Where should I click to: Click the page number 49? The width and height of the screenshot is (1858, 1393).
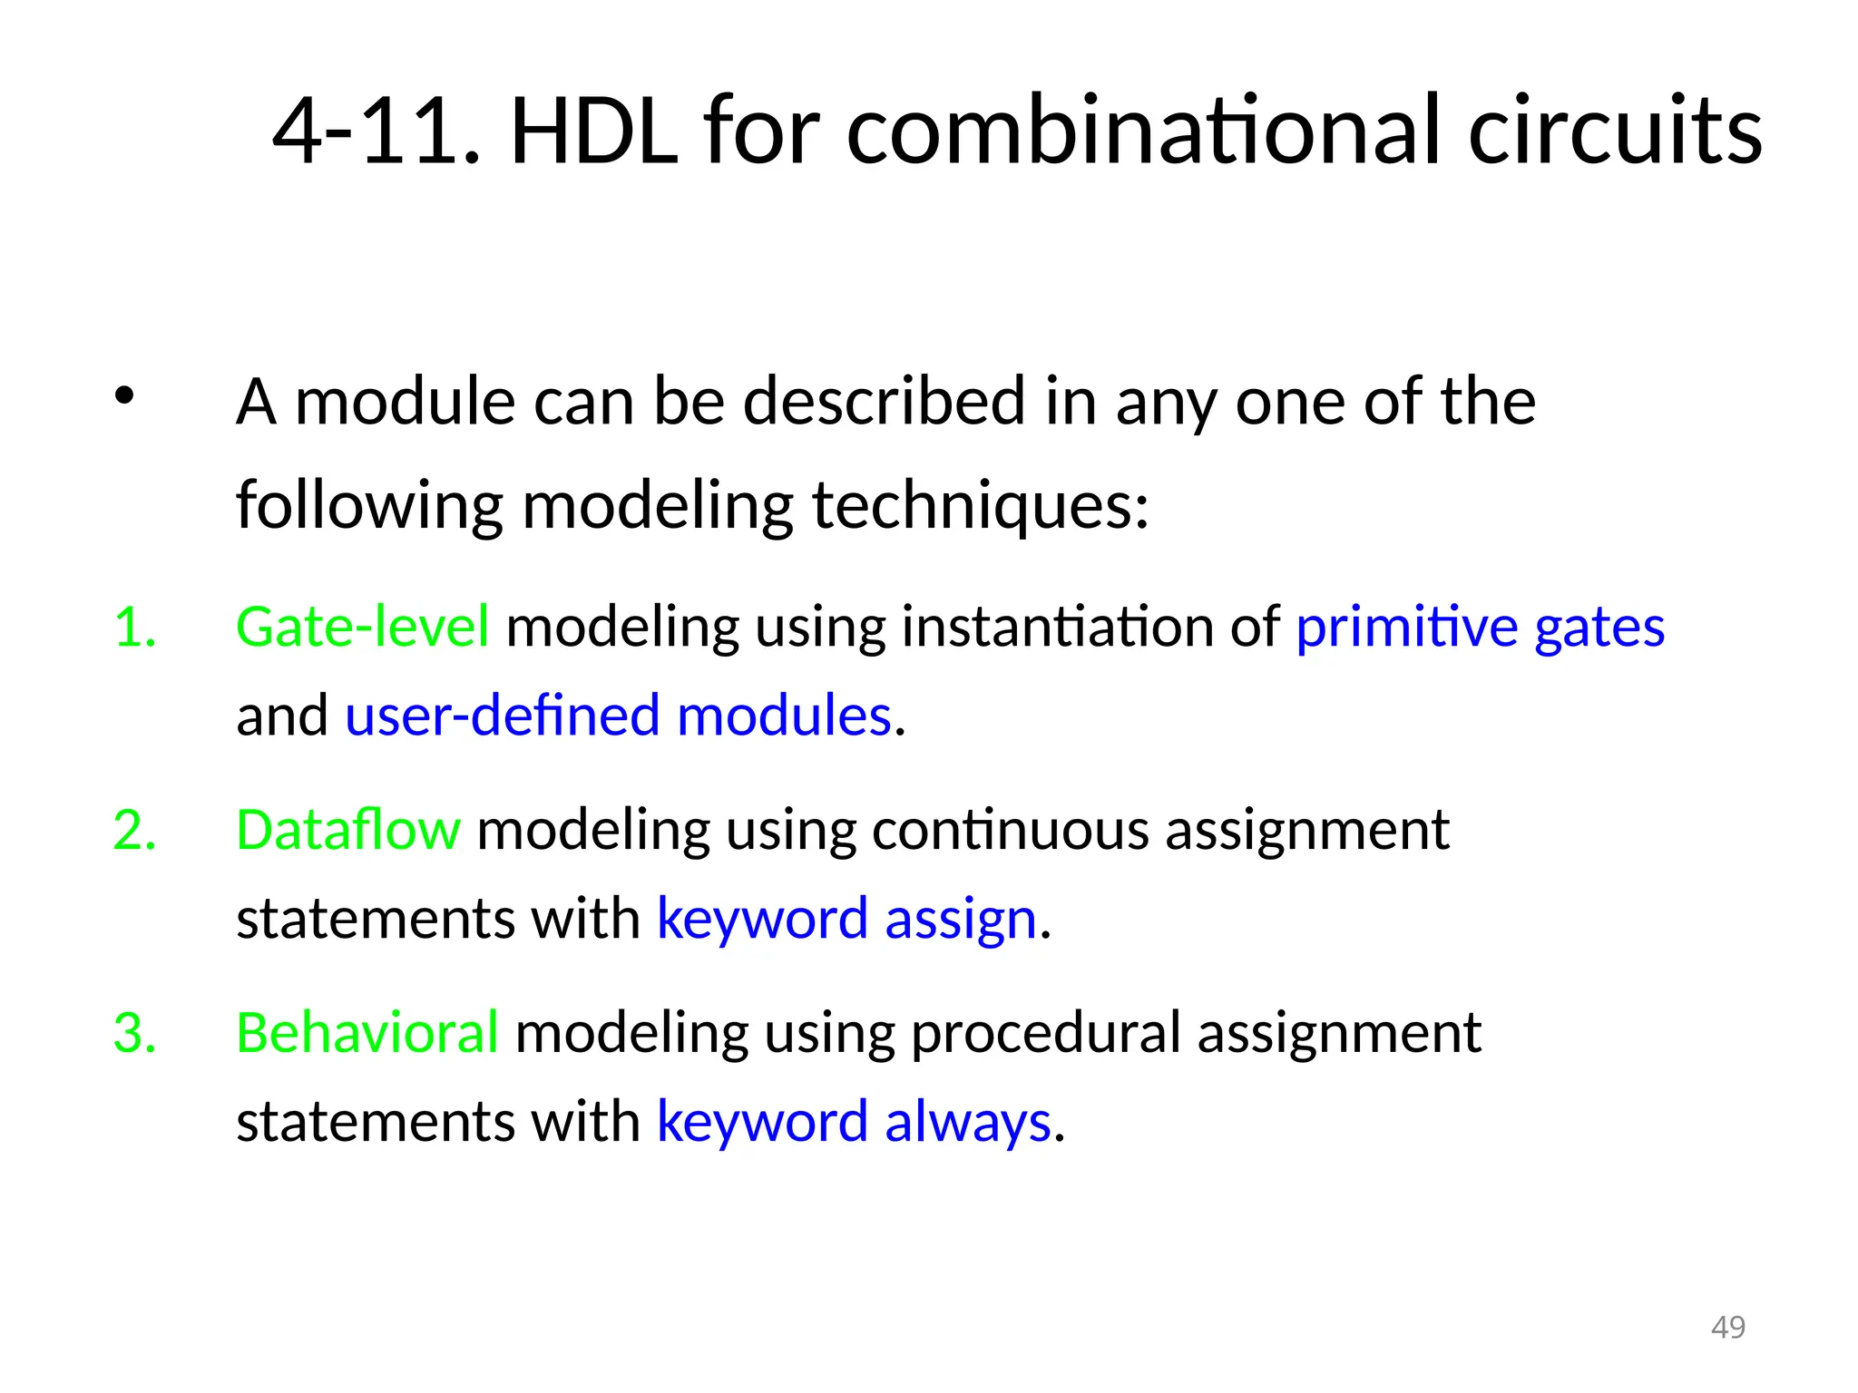pyautogui.click(x=1727, y=1327)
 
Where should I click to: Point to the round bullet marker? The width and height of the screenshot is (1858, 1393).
pyautogui.click(x=124, y=395)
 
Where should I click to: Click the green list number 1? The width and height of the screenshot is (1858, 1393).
pyautogui.click(x=134, y=627)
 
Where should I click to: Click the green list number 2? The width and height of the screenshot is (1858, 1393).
pyautogui.click(x=134, y=830)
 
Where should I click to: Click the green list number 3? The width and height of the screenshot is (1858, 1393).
pyautogui.click(x=134, y=1033)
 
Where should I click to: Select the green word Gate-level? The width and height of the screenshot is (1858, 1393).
pyautogui.click(x=362, y=627)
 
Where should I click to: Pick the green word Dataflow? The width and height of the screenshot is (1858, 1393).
pyautogui.click(x=348, y=830)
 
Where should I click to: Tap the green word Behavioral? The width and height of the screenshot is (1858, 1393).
pyautogui.click(x=367, y=1033)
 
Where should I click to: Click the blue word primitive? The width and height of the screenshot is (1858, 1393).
pyautogui.click(x=1406, y=627)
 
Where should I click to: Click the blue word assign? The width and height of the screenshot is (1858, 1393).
pyautogui.click(x=960, y=919)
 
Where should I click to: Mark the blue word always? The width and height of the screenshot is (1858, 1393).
pyautogui.click(x=967, y=1122)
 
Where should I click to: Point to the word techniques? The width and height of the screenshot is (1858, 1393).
pyautogui.click(x=980, y=505)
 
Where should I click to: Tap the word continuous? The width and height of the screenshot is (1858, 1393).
pyautogui.click(x=1010, y=830)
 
